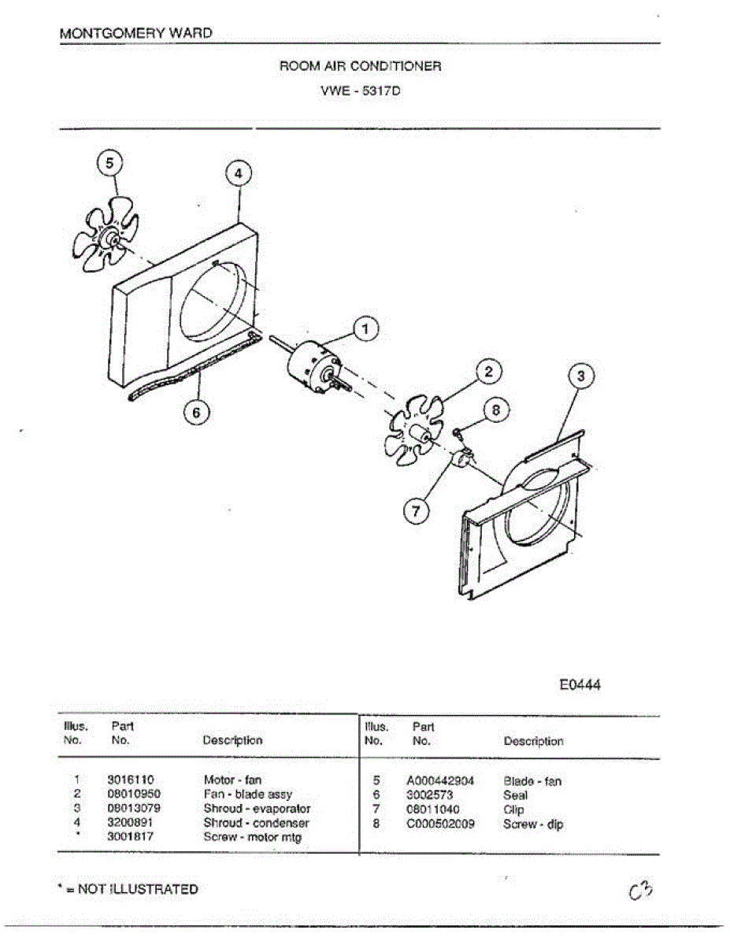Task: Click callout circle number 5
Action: [110, 163]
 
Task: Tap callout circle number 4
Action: [239, 173]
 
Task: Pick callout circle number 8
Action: [495, 409]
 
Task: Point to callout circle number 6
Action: [197, 411]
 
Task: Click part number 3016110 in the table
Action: [130, 780]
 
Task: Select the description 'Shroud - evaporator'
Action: [257, 809]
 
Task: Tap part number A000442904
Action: [440, 781]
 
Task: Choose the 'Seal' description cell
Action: [515, 795]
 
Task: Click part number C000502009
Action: [440, 824]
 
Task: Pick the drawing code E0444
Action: [580, 685]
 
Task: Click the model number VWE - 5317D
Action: [361, 90]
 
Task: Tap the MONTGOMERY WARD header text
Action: [135, 33]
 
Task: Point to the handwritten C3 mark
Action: [642, 890]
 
